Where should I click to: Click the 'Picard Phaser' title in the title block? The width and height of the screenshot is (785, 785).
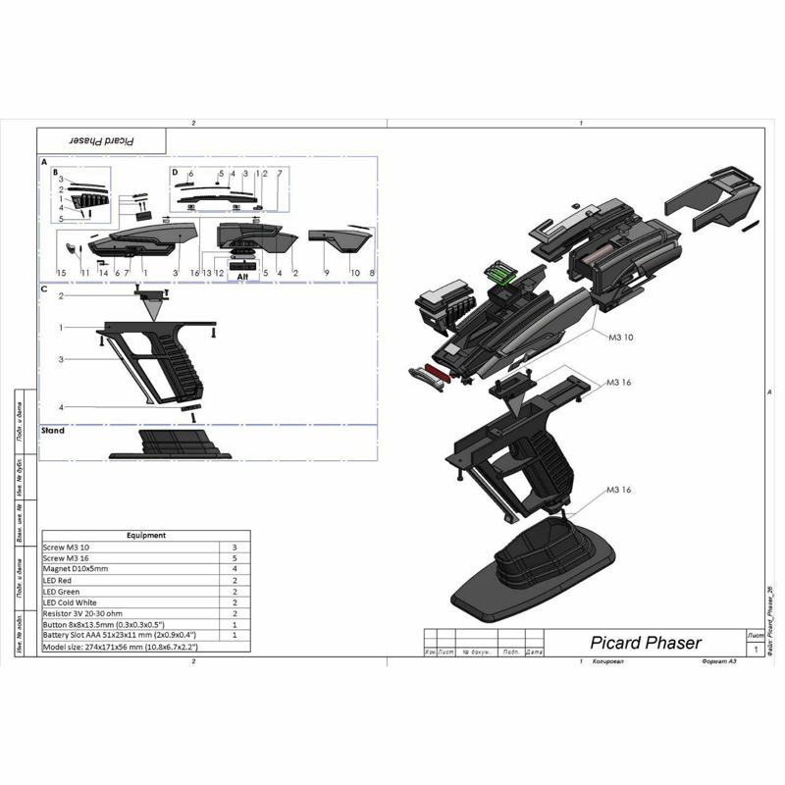(x=645, y=644)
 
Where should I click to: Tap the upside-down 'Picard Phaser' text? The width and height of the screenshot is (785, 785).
(x=102, y=140)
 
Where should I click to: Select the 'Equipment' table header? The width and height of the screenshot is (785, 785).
(x=146, y=536)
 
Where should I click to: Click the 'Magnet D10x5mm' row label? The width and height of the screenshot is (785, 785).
(x=76, y=569)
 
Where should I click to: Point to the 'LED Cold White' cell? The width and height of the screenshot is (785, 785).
(x=71, y=602)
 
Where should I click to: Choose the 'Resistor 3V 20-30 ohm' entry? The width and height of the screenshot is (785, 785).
(x=86, y=613)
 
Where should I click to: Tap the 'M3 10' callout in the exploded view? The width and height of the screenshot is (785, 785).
(x=621, y=338)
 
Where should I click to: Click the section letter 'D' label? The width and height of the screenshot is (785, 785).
(x=175, y=172)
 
